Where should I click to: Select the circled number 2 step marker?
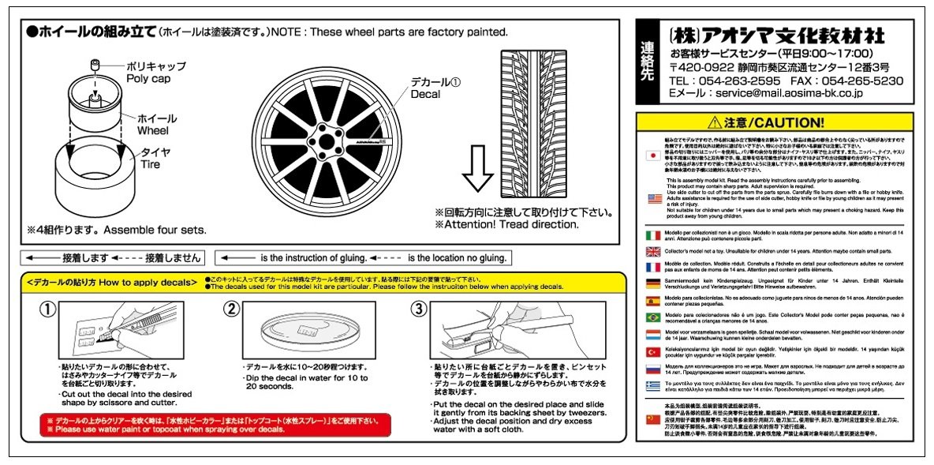[231, 309]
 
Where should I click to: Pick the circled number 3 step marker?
[419, 309]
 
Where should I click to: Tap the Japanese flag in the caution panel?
[652, 156]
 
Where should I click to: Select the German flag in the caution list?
[652, 284]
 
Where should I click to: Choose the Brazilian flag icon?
[652, 317]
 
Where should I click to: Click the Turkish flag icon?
[652, 351]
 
